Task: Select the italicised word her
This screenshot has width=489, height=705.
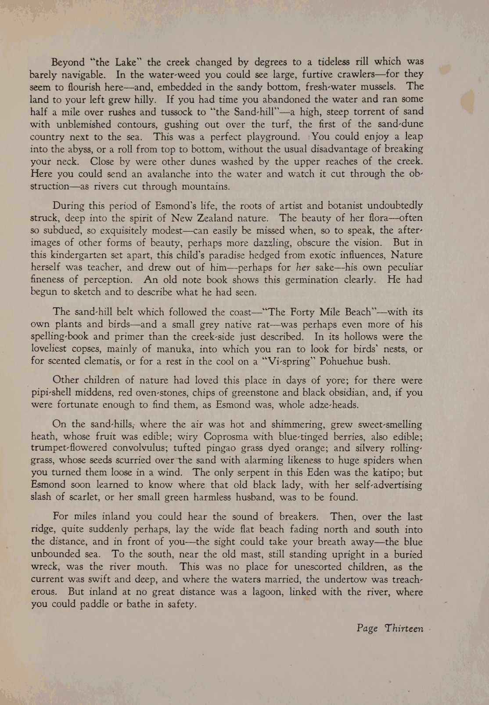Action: (304, 267)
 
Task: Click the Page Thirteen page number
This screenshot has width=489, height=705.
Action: (390, 628)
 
